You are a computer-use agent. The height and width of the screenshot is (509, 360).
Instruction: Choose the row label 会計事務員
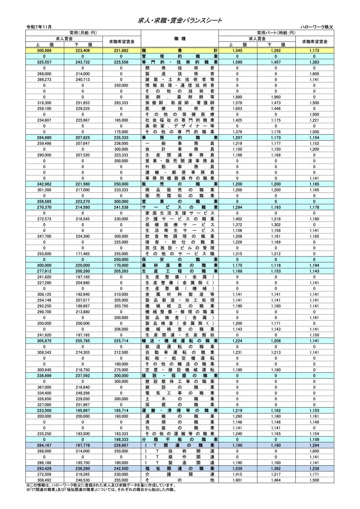point(180,149)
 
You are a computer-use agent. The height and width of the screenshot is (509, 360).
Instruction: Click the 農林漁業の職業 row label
point(180,266)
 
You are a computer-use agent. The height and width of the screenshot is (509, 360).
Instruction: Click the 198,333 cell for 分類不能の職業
point(121,440)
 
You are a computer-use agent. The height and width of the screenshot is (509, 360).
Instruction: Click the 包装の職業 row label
point(180,427)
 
